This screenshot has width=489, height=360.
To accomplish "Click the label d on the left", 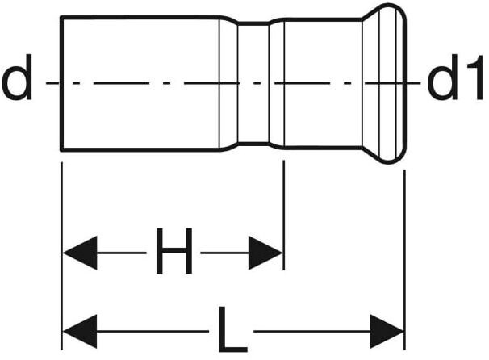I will pyautogui.click(x=17, y=82).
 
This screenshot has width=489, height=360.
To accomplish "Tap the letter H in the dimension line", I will pyautogui.click(x=173, y=252).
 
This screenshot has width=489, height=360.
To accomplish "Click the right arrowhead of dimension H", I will pyautogui.click(x=265, y=253).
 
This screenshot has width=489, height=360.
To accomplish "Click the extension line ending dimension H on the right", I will pyautogui.click(x=283, y=210).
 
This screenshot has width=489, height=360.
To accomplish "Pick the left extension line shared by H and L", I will pyautogui.click(x=62, y=242).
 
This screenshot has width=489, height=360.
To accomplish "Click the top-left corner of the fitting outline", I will pyautogui.click(x=62, y=17).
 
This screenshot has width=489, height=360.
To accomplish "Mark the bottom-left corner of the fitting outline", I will pyautogui.click(x=62, y=149).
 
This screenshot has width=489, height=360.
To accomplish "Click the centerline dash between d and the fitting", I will pyautogui.click(x=50, y=82).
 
